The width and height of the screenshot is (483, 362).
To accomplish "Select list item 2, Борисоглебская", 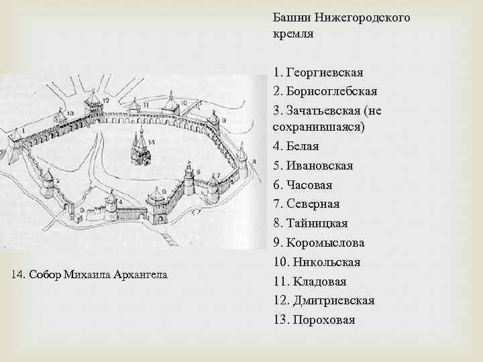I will click(x=331, y=91).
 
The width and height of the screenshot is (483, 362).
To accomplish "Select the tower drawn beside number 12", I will click(x=92, y=107).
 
